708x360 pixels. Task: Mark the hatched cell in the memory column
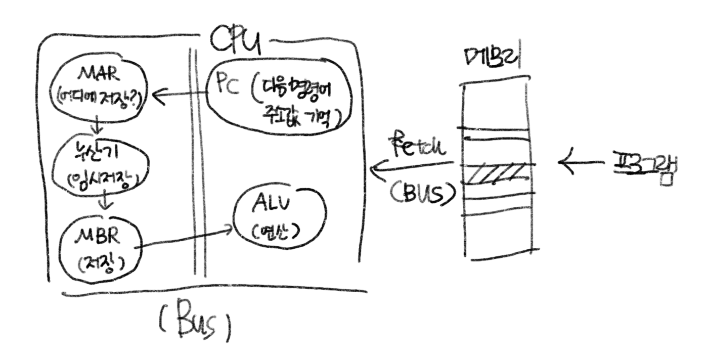pyautogui.click(x=496, y=174)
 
